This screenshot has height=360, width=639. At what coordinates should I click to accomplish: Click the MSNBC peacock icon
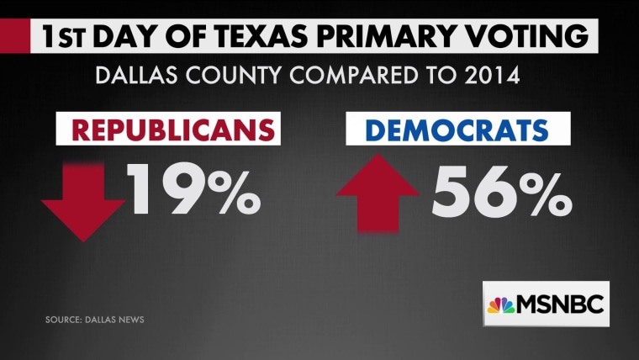click(502, 304)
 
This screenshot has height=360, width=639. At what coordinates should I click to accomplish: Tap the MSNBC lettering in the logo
click(561, 304)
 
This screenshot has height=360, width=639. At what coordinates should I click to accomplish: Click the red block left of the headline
click(12, 37)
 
